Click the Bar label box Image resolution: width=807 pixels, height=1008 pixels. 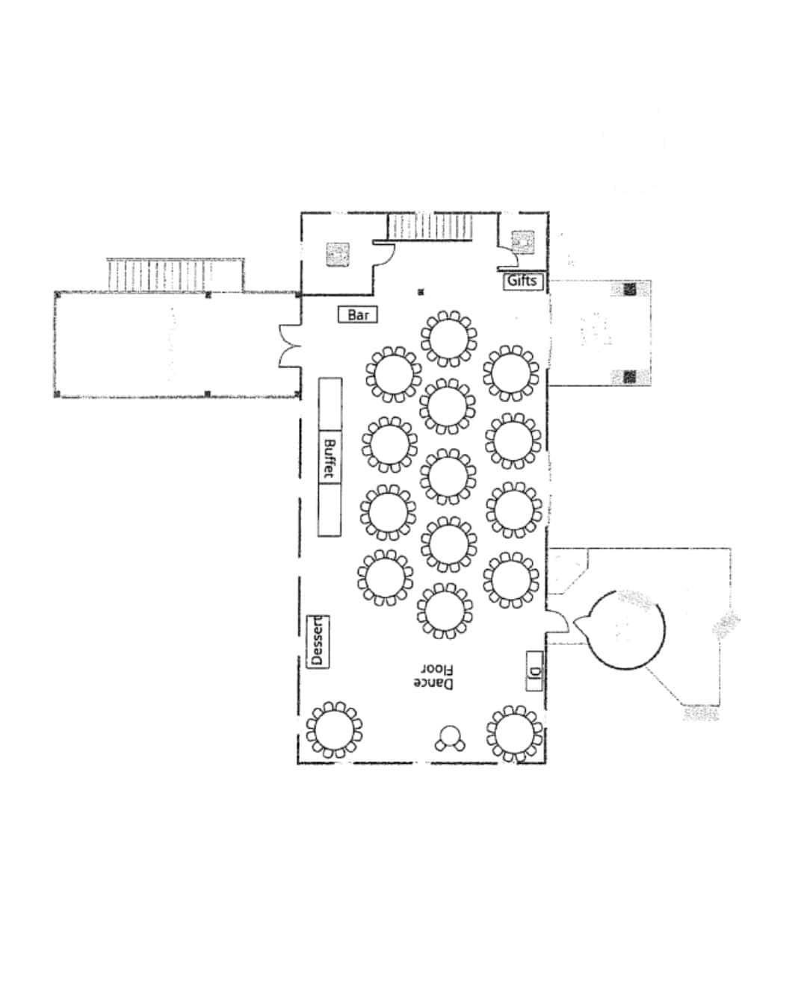(358, 314)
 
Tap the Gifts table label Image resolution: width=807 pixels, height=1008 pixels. (523, 281)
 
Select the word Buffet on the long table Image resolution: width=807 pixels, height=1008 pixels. (330, 459)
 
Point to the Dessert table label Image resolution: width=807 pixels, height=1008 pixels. (318, 641)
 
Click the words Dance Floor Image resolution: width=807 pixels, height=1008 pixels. (433, 676)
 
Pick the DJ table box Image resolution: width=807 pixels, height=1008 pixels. (534, 671)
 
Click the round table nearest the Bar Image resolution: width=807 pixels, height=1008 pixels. (449, 339)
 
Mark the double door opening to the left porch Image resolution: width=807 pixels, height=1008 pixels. (289, 346)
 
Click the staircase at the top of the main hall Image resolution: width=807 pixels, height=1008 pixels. (430, 227)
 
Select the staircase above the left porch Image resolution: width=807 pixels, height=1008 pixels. (176, 275)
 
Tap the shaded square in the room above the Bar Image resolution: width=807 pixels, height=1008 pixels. (338, 255)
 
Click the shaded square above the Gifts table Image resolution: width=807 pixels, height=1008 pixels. (523, 242)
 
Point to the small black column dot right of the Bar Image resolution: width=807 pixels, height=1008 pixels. (421, 292)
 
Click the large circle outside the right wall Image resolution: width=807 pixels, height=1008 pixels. (625, 629)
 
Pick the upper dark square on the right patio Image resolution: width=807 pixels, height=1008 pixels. (630, 289)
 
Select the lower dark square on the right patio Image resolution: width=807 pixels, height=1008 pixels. (630, 376)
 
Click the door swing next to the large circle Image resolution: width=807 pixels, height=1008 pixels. (558, 621)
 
